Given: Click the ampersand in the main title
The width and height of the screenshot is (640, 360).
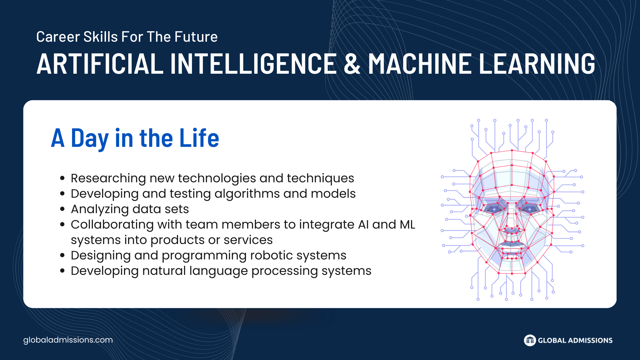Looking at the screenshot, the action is point(352,63).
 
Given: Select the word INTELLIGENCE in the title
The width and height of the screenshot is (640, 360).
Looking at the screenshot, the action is point(254,63).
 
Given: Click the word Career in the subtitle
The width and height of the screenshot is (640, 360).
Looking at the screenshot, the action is point(58,37).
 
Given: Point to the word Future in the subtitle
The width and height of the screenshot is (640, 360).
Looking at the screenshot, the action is point(196,37).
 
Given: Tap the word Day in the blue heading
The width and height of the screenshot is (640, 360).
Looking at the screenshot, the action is point(90,139).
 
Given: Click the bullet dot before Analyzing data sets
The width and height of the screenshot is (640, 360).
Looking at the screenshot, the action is point(63,209).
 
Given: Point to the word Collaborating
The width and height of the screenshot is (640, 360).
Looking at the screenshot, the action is point(112,225).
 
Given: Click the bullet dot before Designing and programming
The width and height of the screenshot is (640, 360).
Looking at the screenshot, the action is point(63,255).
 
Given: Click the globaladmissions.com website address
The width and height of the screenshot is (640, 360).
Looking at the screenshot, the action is point(68,340).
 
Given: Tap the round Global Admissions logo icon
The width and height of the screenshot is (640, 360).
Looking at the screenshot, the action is point(530,340).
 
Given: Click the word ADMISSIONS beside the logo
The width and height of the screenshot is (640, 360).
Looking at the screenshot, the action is point(590,340).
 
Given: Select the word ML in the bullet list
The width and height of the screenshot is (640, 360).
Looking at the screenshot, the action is point(407,225).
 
